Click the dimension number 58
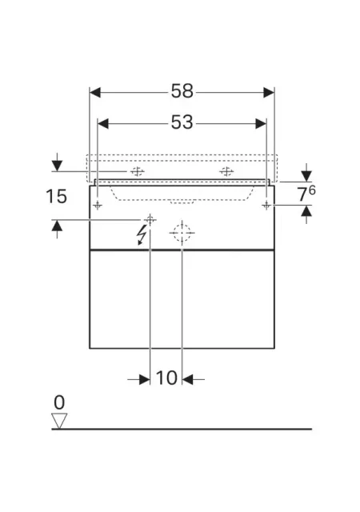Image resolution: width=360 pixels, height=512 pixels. point(182,91)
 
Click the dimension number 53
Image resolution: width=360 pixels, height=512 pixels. point(182,122)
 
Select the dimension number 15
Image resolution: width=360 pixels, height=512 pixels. point(56,196)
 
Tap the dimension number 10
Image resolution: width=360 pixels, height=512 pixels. point(166,378)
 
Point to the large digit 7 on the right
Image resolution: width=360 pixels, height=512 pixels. point(302,195)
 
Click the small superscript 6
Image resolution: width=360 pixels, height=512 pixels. point(312,190)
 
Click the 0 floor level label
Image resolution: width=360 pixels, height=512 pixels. point(59,402)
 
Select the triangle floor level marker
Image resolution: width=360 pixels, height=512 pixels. point(59,421)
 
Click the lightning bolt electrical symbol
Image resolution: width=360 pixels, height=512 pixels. point(142,234)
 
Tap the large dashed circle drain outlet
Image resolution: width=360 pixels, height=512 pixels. point(182,233)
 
